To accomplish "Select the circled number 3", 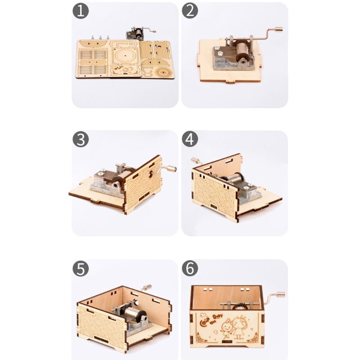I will (81, 139).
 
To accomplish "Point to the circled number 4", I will (189, 139).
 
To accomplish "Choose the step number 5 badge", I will (81, 269).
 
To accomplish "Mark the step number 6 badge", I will (189, 269).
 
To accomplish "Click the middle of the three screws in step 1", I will (100, 36).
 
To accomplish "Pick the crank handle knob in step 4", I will (194, 160).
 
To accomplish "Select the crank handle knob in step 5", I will (146, 287).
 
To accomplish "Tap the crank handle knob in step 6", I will (281, 295).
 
